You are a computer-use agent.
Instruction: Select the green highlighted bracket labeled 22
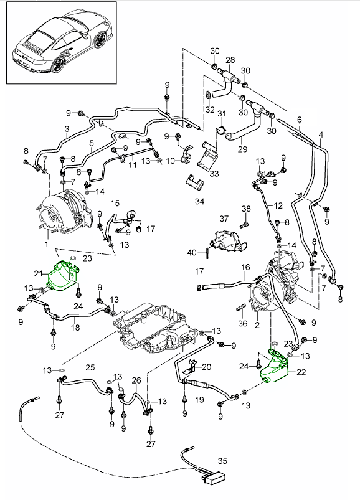[x=275, y=367]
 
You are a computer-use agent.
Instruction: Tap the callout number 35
[x=222, y=461]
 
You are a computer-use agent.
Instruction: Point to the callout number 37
[x=224, y=219]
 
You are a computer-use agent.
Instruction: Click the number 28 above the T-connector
[x=230, y=60]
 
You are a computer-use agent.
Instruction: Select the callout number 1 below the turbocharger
[x=47, y=245]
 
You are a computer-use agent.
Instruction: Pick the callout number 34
[x=199, y=202]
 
